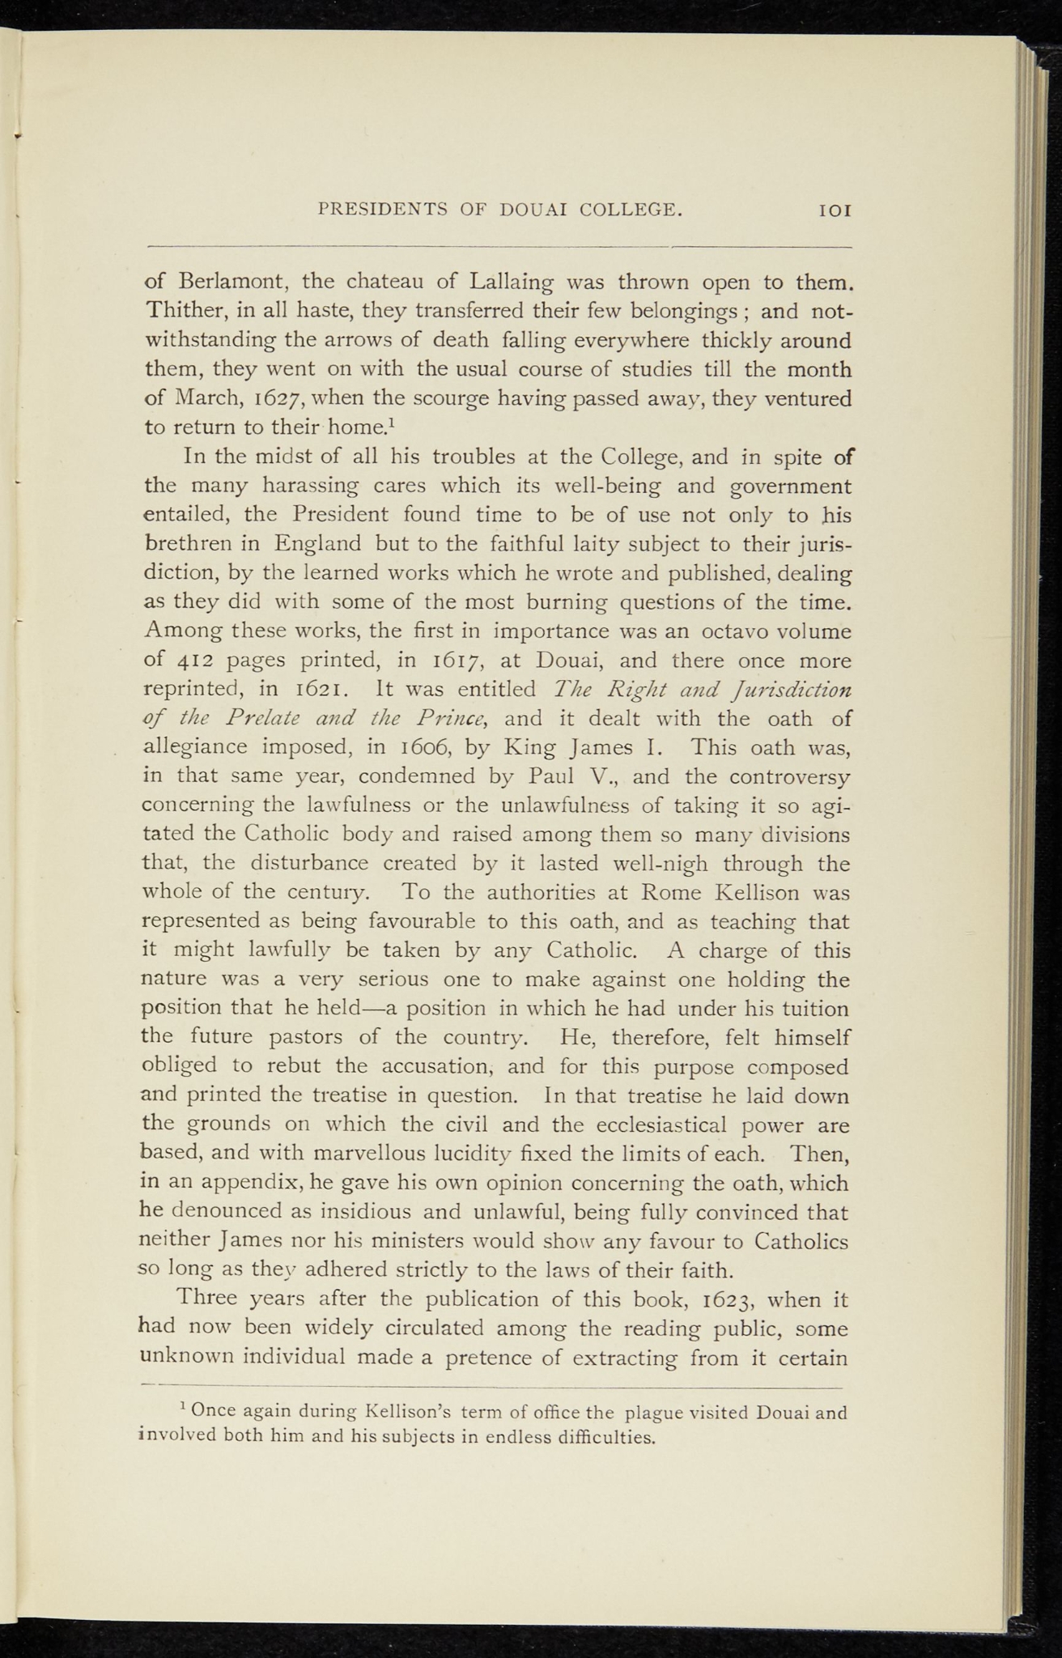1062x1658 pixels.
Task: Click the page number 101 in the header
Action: [x=834, y=210]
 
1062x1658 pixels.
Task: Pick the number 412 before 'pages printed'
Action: [x=194, y=661]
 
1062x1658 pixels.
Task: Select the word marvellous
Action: [x=350, y=1154]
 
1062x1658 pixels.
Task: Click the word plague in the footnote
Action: [x=662, y=1414]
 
